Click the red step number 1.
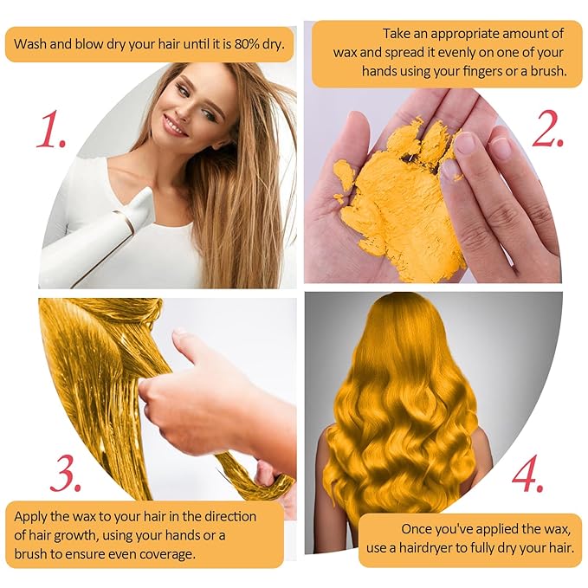50,129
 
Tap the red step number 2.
547,129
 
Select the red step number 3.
66,473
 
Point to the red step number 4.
527,473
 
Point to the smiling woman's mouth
173,126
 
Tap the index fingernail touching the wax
465,145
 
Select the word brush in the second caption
549,71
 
